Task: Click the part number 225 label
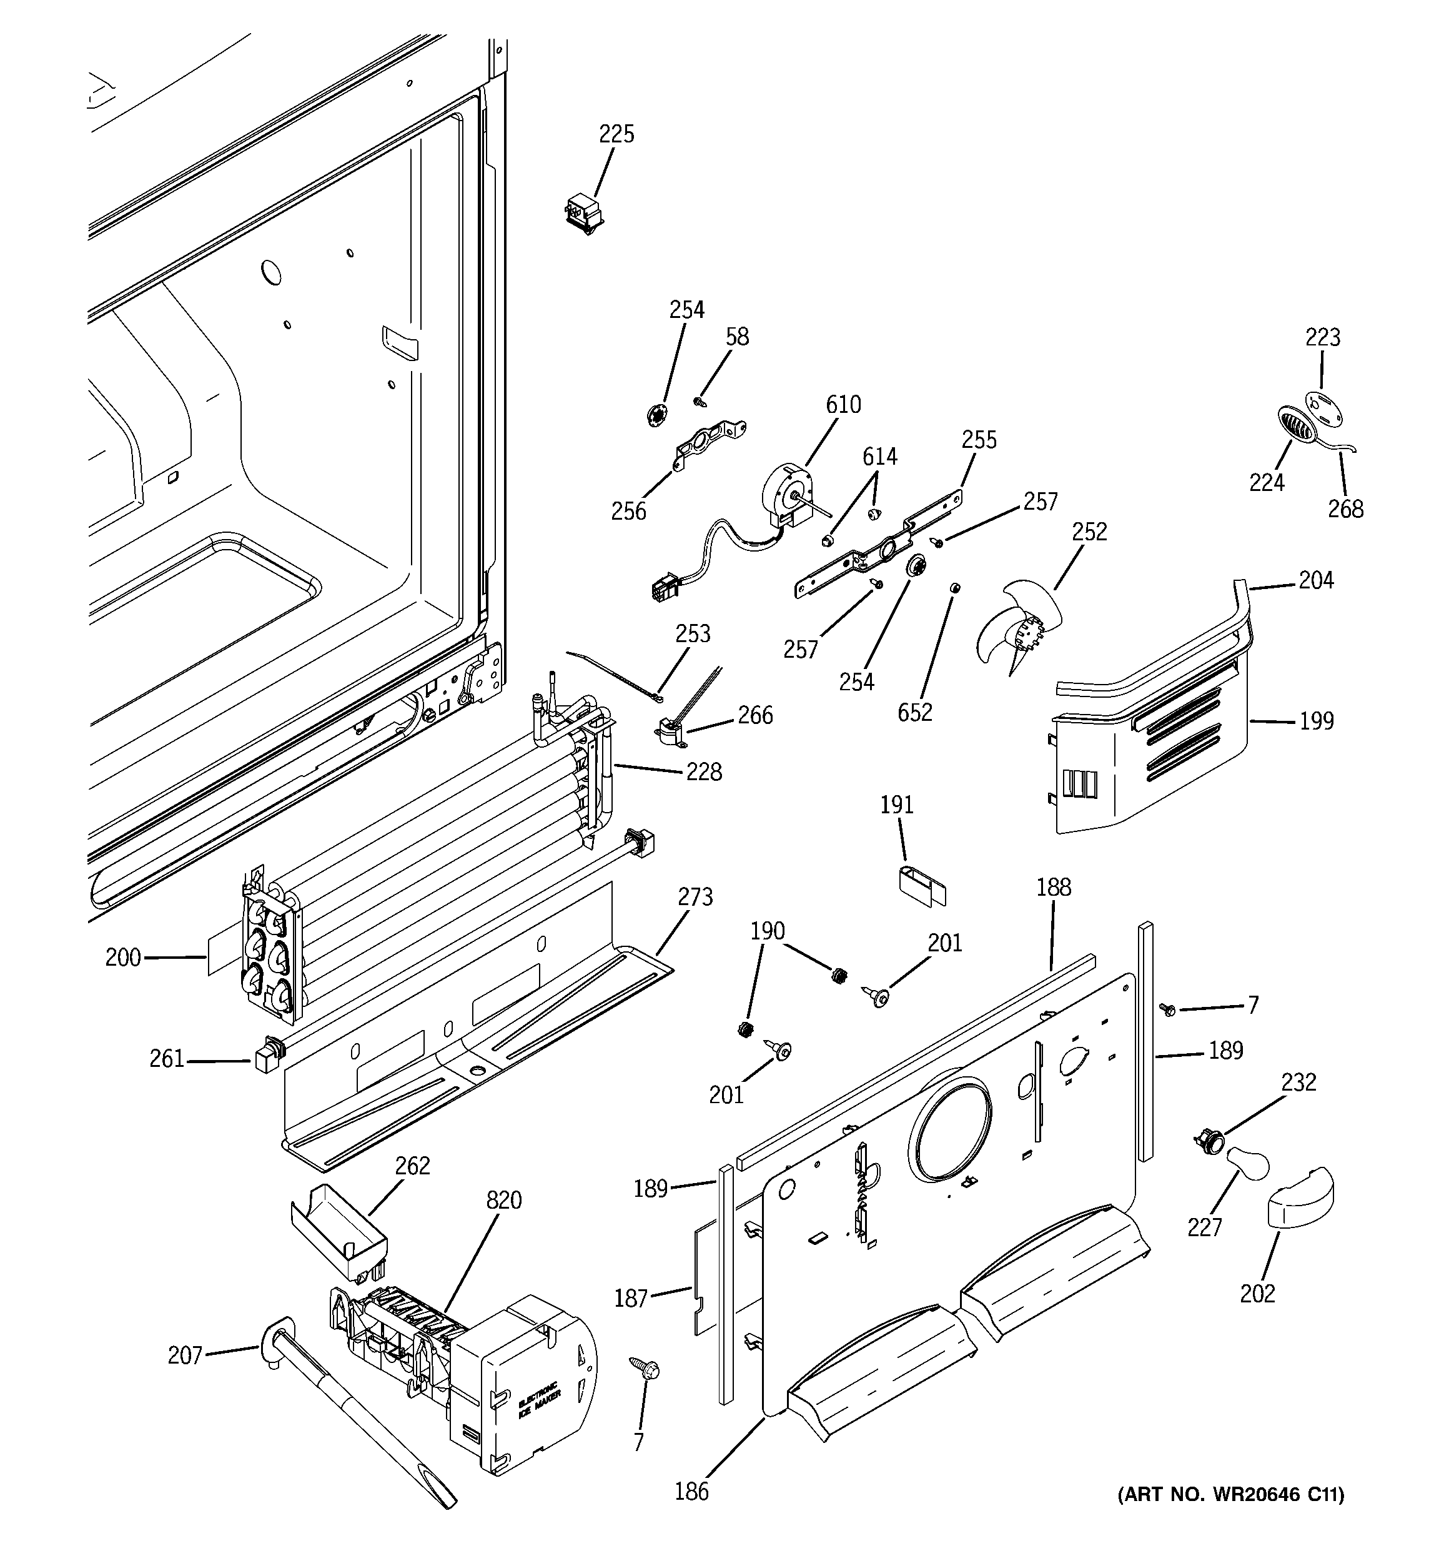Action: click(616, 134)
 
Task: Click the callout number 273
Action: click(695, 898)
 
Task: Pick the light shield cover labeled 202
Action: click(1300, 1210)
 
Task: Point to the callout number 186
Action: click(691, 1491)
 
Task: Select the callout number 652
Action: click(914, 711)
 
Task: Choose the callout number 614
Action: click(879, 457)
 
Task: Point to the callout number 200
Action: click(123, 958)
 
